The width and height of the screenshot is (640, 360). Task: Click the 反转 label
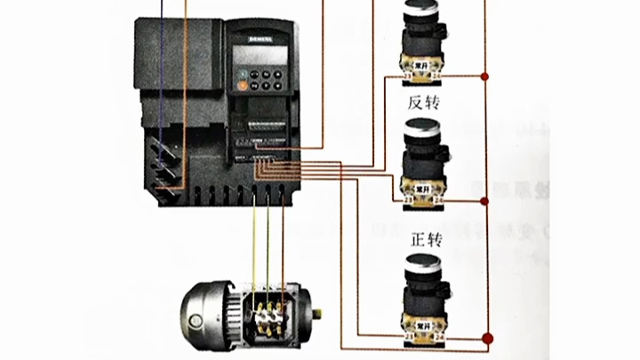click(424, 102)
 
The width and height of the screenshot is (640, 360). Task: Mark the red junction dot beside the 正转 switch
click(485, 337)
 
